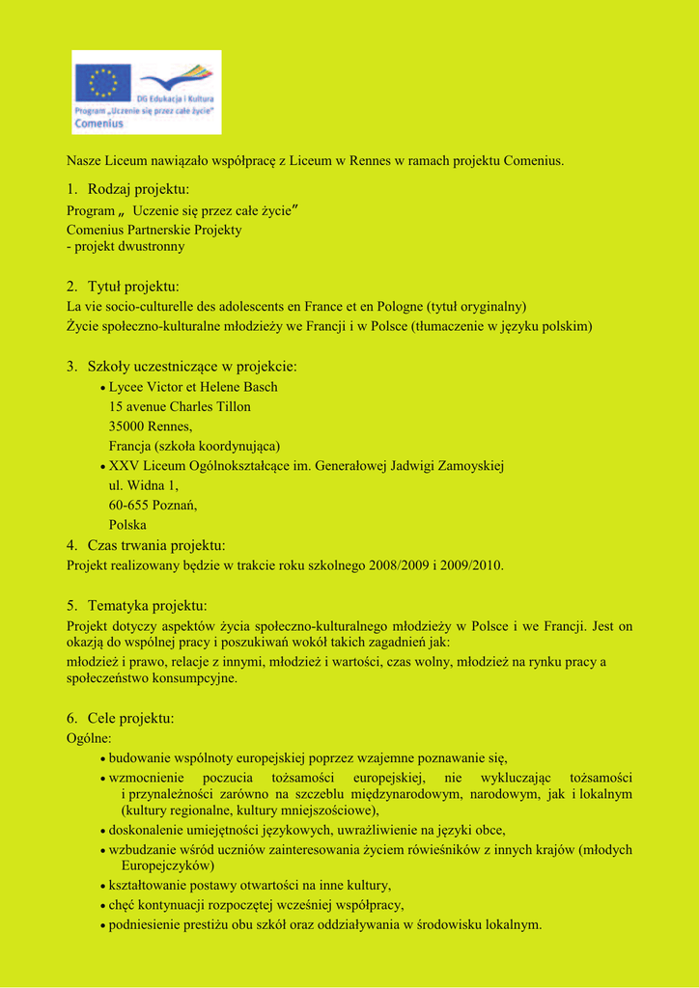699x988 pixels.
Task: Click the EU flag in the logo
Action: coord(102,82)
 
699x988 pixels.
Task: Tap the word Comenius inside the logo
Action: coord(98,123)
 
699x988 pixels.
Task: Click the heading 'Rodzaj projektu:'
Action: coord(138,189)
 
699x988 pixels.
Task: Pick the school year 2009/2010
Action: coord(472,565)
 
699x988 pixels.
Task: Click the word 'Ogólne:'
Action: coord(89,738)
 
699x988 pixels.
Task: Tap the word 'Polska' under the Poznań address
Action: coord(127,525)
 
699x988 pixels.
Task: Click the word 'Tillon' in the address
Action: coord(232,406)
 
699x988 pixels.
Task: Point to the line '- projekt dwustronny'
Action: coord(126,246)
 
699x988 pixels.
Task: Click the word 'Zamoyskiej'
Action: coord(468,466)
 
